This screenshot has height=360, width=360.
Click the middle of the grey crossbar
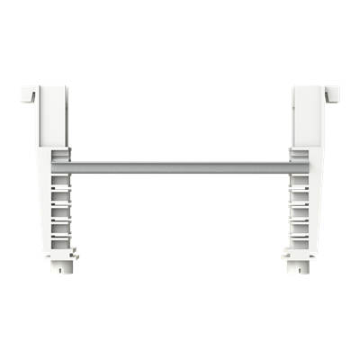pyautogui.click(x=180, y=167)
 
